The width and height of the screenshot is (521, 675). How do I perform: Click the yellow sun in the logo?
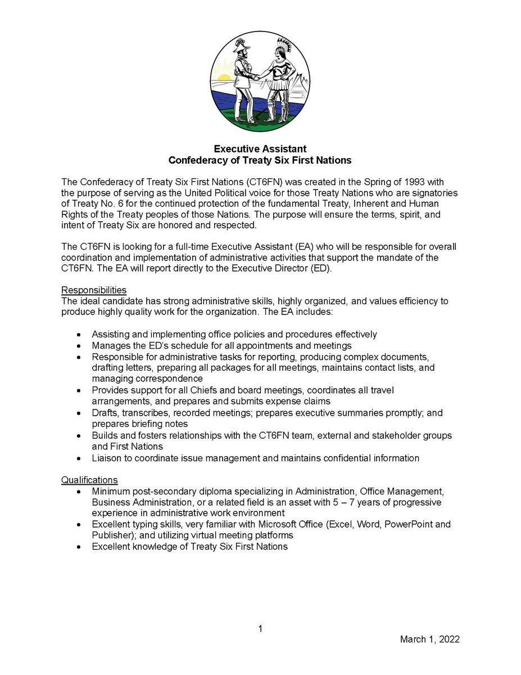(224, 78)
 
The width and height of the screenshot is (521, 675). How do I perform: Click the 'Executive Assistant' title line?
(260, 149)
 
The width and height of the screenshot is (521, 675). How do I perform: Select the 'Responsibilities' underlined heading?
(93, 290)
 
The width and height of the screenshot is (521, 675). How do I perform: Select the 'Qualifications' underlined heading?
(89, 480)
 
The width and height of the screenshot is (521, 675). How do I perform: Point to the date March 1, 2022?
(429, 640)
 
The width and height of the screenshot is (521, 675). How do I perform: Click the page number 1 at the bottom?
(260, 629)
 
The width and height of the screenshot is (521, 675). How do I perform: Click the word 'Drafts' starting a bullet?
(105, 413)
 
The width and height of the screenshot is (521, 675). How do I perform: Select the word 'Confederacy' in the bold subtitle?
(194, 160)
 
